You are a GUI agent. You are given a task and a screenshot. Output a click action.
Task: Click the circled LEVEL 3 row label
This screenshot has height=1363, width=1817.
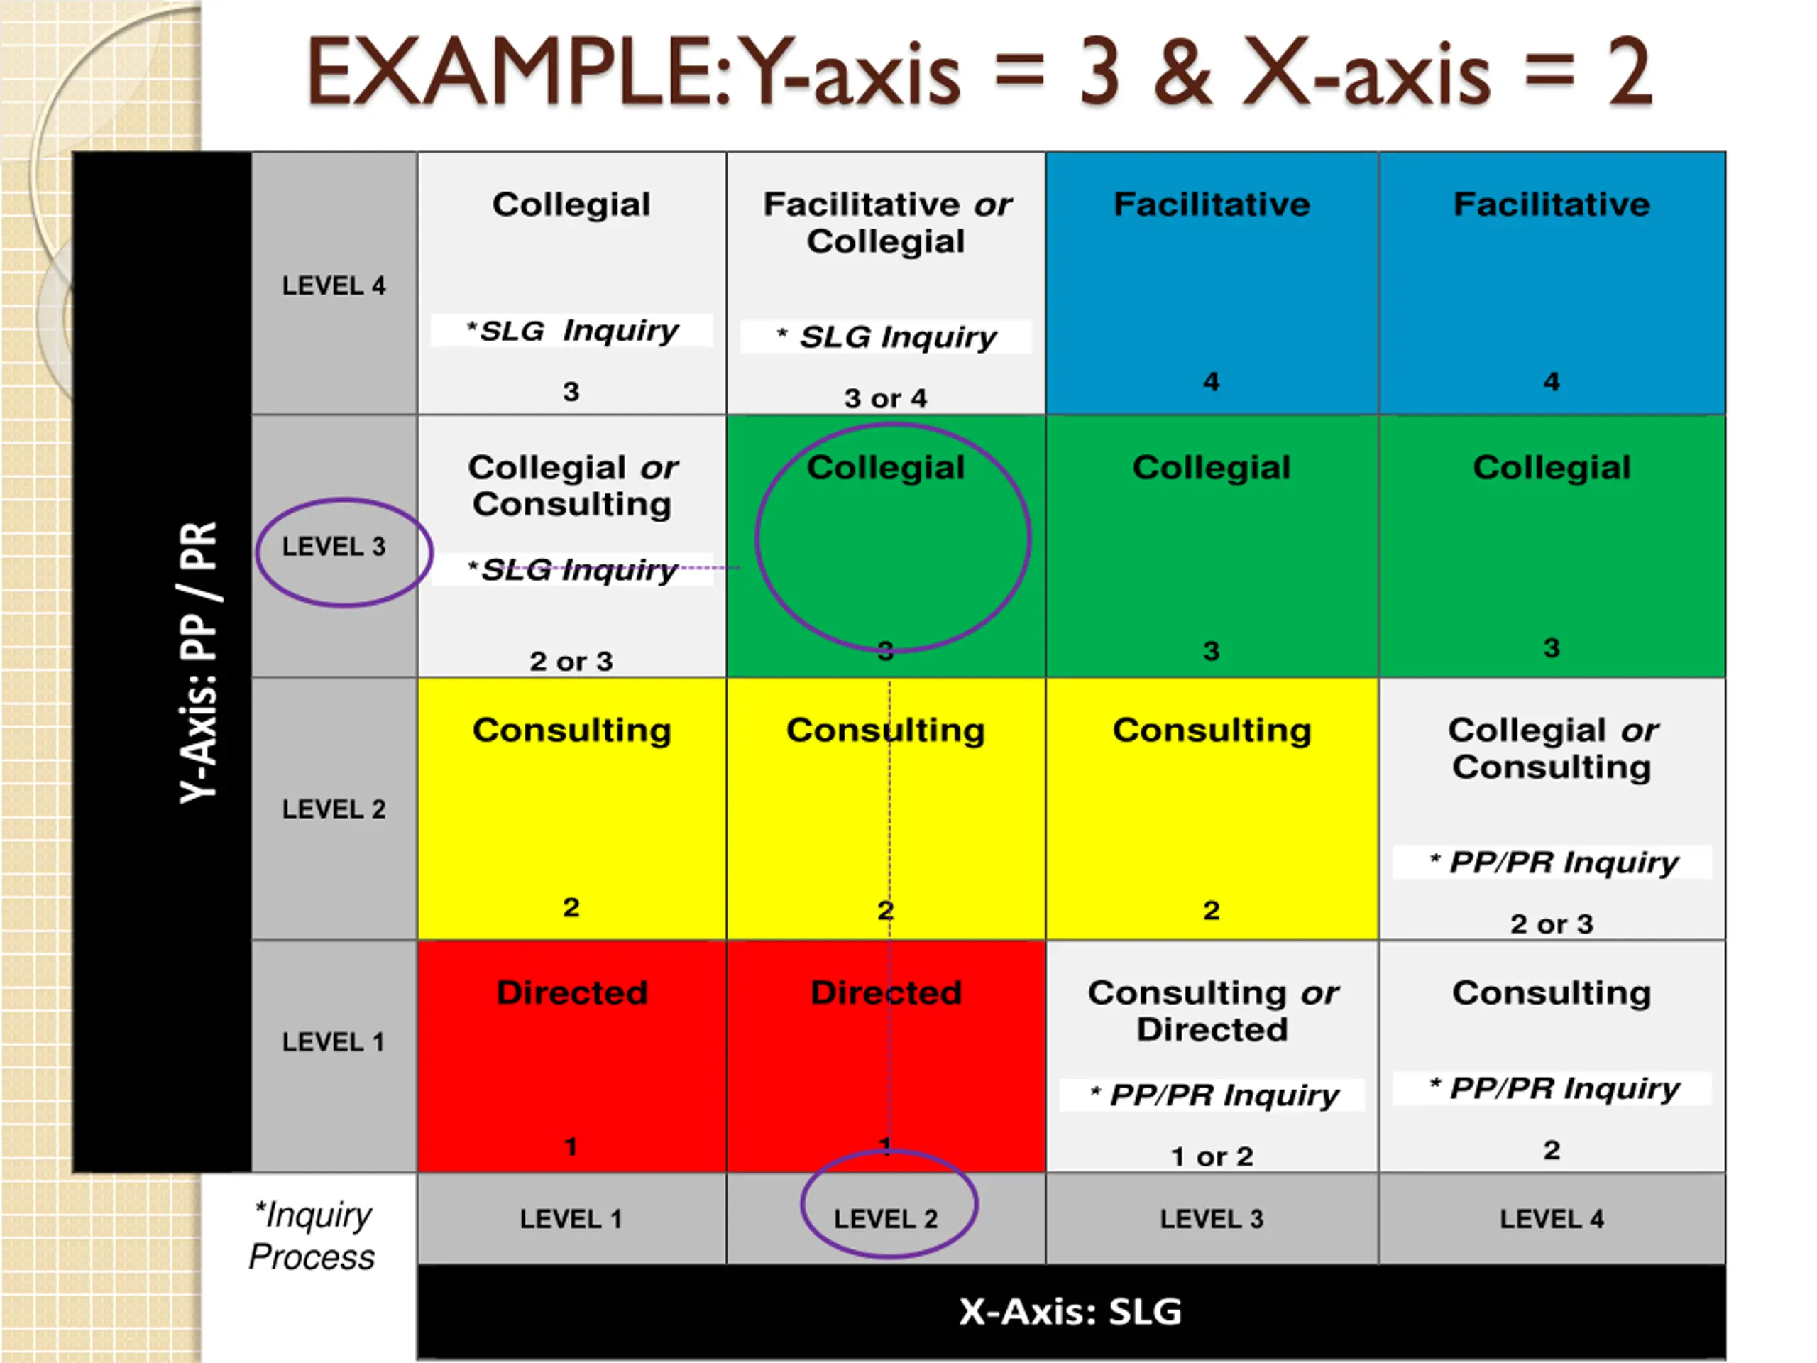[x=334, y=547]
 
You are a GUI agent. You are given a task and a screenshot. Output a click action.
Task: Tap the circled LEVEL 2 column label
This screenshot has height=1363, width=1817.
[x=886, y=1218]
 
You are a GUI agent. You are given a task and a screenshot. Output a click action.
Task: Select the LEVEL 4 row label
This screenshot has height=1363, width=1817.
[x=334, y=286]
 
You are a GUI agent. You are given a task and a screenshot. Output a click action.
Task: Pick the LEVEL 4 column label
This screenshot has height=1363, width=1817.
[x=1551, y=1218]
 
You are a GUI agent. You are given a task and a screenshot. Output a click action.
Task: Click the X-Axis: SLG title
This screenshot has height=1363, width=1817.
[x=1070, y=1311]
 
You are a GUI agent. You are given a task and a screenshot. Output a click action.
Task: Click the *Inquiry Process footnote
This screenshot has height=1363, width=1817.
[x=312, y=1236]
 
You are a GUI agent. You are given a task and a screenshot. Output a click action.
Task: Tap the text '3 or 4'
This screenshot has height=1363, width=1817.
[x=886, y=398]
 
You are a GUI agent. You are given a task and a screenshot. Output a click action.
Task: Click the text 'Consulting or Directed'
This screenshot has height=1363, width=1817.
[x=1212, y=1012]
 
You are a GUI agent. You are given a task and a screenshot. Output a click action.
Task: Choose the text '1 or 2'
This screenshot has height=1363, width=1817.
[x=1212, y=1157]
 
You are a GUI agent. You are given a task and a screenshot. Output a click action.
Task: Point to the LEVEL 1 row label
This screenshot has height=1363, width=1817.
[x=334, y=1041]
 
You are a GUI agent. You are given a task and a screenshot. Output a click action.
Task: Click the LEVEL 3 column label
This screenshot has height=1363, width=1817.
[x=1212, y=1218]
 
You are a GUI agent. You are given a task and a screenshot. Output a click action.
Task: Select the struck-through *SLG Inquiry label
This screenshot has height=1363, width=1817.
[x=573, y=569]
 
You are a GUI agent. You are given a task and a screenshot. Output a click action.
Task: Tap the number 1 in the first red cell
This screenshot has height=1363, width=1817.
[x=571, y=1146]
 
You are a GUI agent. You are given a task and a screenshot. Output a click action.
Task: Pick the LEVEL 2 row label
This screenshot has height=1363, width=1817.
[x=334, y=809]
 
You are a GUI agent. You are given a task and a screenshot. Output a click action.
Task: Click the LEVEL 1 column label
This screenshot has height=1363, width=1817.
[x=571, y=1218]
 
